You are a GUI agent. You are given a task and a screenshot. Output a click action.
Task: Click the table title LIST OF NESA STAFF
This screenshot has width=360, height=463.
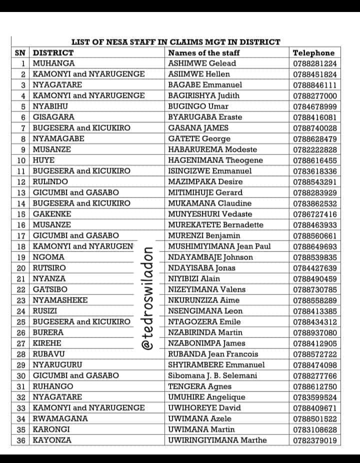175,42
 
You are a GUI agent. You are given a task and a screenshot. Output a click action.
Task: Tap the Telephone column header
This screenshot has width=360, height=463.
313,53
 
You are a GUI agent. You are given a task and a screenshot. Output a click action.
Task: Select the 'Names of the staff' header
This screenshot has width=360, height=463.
204,53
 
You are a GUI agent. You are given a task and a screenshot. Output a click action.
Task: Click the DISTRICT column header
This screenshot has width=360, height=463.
53,53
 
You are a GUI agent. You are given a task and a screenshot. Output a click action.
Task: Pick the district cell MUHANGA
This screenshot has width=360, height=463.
54,63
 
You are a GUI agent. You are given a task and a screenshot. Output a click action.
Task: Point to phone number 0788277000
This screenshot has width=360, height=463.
315,95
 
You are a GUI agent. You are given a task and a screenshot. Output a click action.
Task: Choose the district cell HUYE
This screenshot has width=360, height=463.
44,160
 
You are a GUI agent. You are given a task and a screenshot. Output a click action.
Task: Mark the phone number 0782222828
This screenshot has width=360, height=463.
315,149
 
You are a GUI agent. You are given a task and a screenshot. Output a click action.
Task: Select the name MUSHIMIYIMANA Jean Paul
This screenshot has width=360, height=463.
219,246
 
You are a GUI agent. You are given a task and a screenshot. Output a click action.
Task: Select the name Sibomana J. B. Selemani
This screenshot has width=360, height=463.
212,375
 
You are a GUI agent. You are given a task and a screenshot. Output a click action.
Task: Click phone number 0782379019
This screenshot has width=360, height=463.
315,440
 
